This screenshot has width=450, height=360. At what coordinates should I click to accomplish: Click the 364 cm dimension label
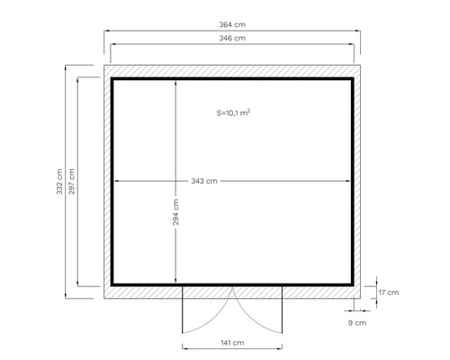pyautogui.click(x=233, y=24)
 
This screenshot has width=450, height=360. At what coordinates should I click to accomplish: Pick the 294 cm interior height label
pyautogui.click(x=177, y=216)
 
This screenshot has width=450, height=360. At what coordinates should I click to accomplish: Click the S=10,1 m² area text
pyautogui.click(x=233, y=113)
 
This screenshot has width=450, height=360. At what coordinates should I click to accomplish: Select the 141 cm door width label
pyautogui.click(x=233, y=344)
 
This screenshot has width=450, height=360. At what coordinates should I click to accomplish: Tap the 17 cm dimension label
pyautogui.click(x=389, y=292)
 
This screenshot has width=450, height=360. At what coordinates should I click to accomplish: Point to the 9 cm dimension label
pyautogui.click(x=356, y=321)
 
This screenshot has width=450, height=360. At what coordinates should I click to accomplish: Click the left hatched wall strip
pyautogui.click(x=106, y=180)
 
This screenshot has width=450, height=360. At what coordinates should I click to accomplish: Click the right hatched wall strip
pyautogui.click(x=359, y=180)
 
